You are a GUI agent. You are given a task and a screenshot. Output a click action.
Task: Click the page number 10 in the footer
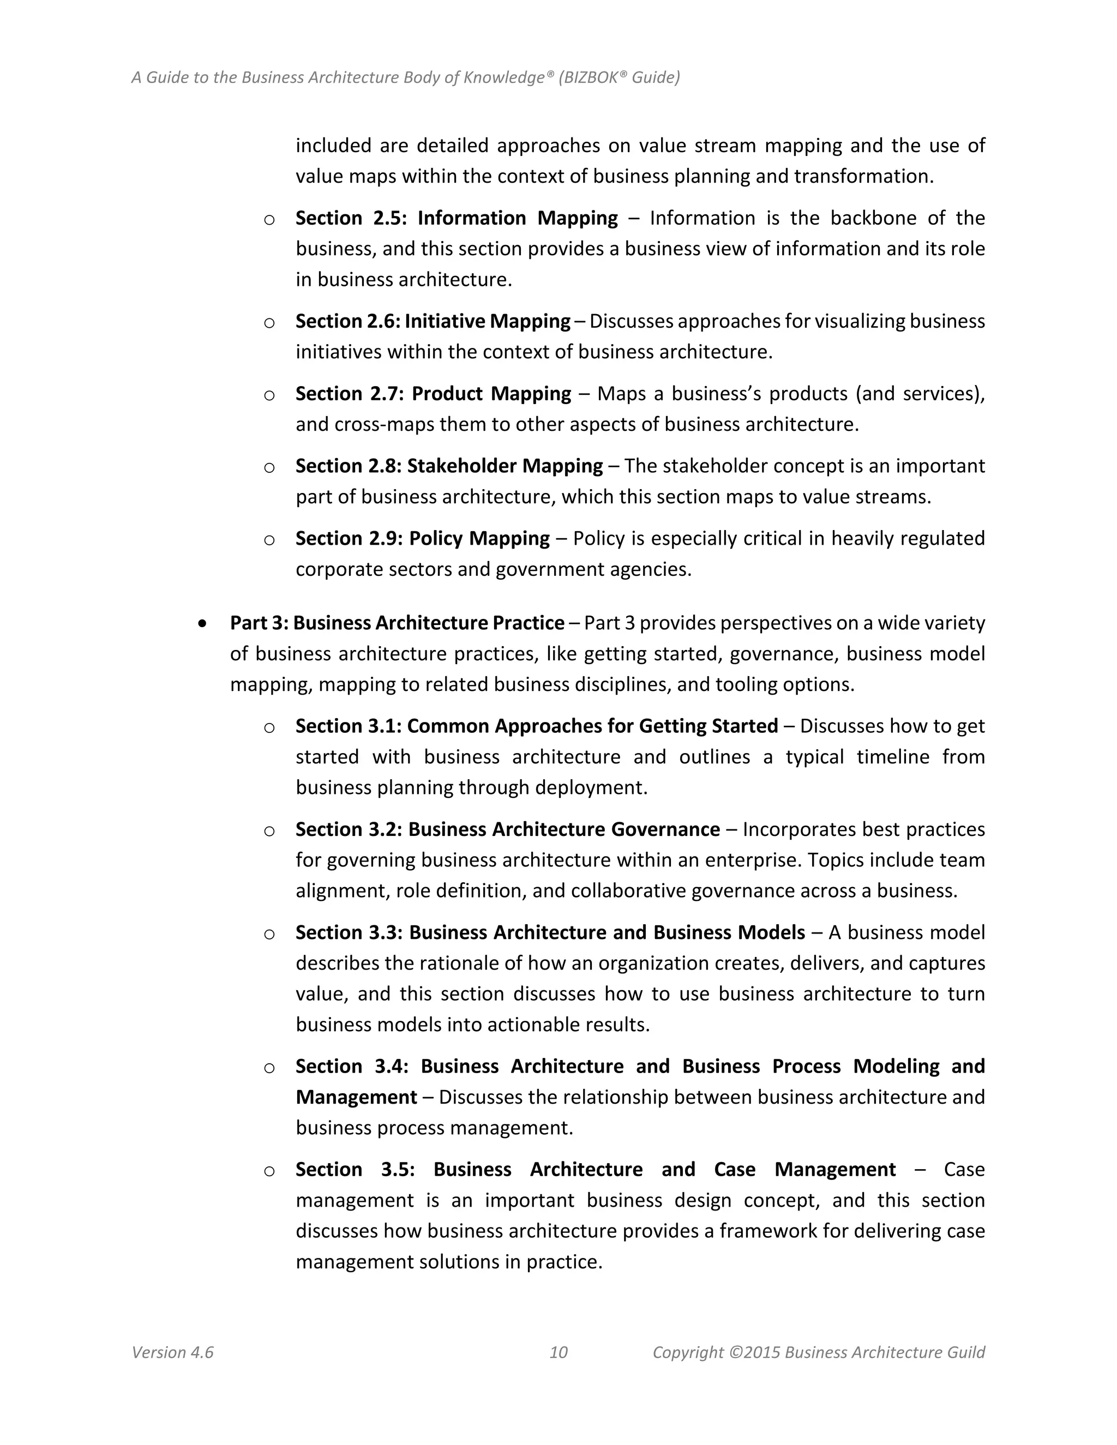[x=558, y=1352]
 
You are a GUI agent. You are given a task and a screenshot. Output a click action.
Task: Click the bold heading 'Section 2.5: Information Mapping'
[x=456, y=218]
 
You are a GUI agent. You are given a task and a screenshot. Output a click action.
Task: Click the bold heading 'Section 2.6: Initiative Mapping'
[x=433, y=321]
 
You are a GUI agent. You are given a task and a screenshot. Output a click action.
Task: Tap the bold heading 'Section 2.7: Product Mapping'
[x=433, y=394]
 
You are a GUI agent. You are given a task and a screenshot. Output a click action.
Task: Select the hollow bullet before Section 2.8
[x=269, y=468]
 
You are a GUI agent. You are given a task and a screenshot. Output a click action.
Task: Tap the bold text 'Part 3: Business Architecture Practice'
[x=397, y=623]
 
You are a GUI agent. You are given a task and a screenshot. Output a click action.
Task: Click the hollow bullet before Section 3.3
[x=269, y=934]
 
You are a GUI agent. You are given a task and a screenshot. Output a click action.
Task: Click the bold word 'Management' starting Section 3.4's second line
[x=356, y=1097]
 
